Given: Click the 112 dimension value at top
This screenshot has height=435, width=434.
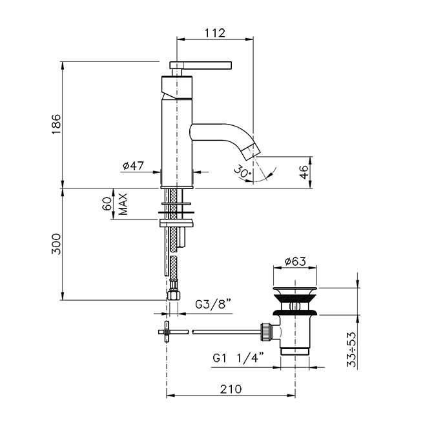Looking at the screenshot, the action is (x=215, y=33).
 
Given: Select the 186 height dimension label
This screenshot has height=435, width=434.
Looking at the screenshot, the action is (x=56, y=124).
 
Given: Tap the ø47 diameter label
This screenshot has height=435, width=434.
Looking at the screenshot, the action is (x=133, y=166).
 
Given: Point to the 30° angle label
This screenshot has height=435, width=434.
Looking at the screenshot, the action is (x=242, y=172).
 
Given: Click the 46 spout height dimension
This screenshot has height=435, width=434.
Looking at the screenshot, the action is (x=305, y=172).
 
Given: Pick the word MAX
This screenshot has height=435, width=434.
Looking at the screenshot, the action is (x=123, y=204).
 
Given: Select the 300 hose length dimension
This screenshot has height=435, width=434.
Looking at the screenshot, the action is (x=56, y=244).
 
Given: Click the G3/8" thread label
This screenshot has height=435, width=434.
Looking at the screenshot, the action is (x=213, y=304).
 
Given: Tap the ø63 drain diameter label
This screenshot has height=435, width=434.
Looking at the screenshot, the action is (x=295, y=261).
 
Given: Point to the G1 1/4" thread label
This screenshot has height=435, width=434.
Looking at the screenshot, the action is (x=238, y=358).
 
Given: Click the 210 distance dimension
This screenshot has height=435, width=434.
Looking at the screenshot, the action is (x=231, y=389).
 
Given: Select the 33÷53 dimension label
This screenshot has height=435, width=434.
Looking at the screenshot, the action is (x=351, y=350).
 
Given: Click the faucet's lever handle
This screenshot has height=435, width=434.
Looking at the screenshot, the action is (x=201, y=65).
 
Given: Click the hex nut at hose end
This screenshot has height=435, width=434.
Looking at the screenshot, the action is (x=174, y=295).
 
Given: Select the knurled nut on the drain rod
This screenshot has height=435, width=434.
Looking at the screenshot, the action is (x=265, y=332).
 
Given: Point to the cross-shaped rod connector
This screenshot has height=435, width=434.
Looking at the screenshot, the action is (x=167, y=332).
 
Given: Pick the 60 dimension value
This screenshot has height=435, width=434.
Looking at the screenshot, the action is (x=108, y=204).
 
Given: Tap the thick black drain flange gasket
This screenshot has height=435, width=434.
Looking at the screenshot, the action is (x=295, y=313).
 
